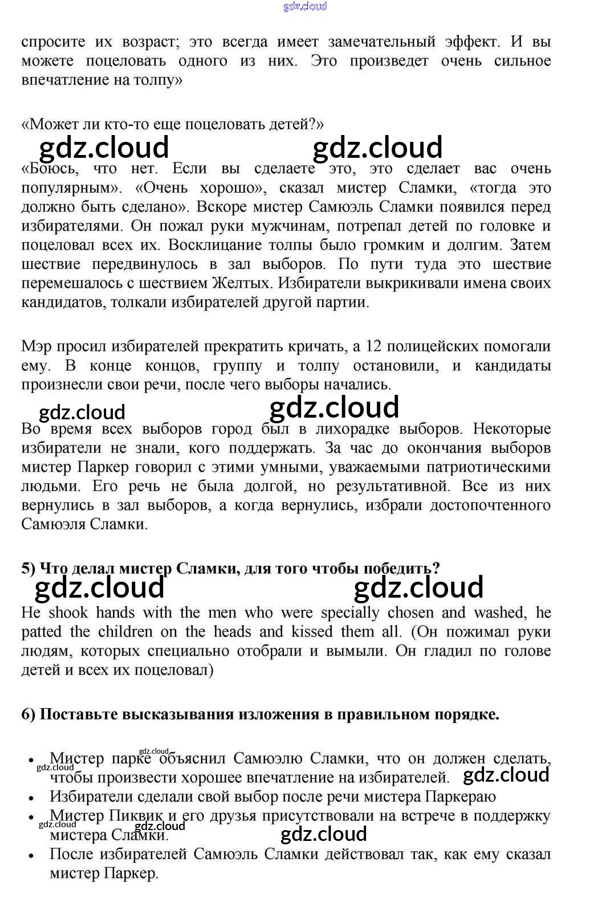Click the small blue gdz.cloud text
pos(305,6)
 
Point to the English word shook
pos(68,612)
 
